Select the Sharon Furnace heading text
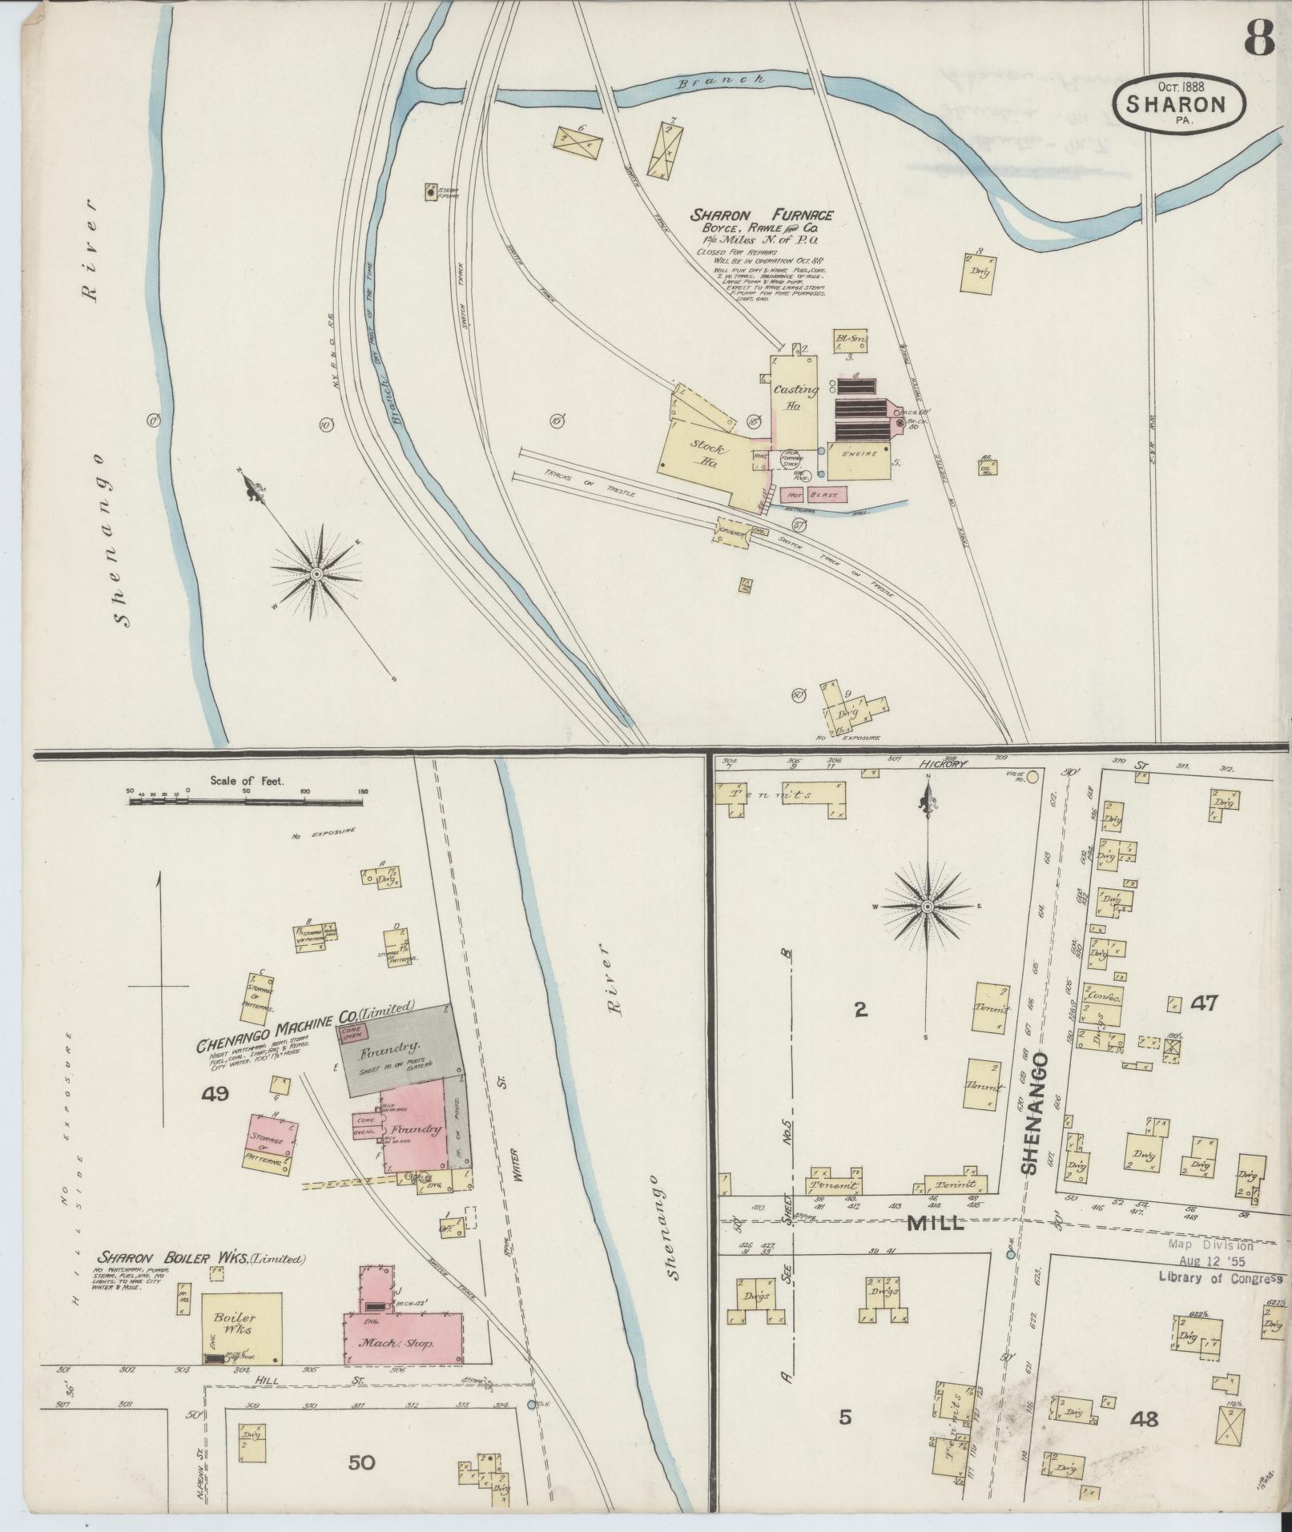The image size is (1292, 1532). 763,215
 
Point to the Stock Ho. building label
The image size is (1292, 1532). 708,455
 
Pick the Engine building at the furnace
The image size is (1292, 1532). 859,454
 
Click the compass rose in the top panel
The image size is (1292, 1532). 316,574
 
